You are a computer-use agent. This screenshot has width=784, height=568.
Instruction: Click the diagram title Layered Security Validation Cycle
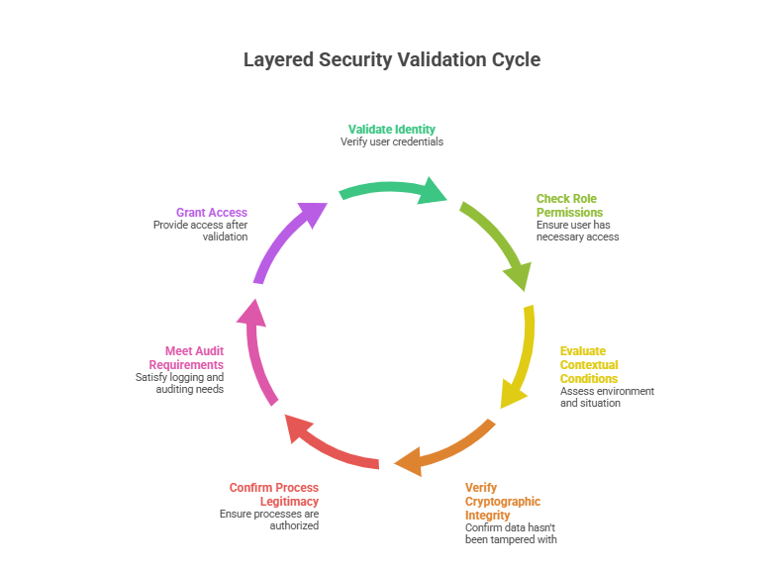coord(392,60)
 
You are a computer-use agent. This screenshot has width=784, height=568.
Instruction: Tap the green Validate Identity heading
coord(392,129)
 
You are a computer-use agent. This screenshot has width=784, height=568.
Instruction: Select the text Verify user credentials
coord(392,142)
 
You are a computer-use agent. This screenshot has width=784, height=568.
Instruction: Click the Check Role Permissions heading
coord(569,206)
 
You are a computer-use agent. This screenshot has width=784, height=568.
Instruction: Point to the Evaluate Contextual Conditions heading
coord(589,365)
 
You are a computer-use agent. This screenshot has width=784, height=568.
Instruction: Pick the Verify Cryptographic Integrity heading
coord(503,502)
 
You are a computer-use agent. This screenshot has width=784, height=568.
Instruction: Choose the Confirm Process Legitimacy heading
coord(274,495)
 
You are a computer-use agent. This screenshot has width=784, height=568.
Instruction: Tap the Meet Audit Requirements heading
coord(186,358)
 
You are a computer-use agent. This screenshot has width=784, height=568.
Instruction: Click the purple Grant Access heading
coord(212,213)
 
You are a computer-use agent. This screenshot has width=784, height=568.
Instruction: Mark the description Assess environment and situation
coord(607,397)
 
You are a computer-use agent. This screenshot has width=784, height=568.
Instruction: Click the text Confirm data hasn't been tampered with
coord(511,533)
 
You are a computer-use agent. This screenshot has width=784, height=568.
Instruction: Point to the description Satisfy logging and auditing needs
coord(179,383)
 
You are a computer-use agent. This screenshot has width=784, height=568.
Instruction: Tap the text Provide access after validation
coord(200,231)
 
